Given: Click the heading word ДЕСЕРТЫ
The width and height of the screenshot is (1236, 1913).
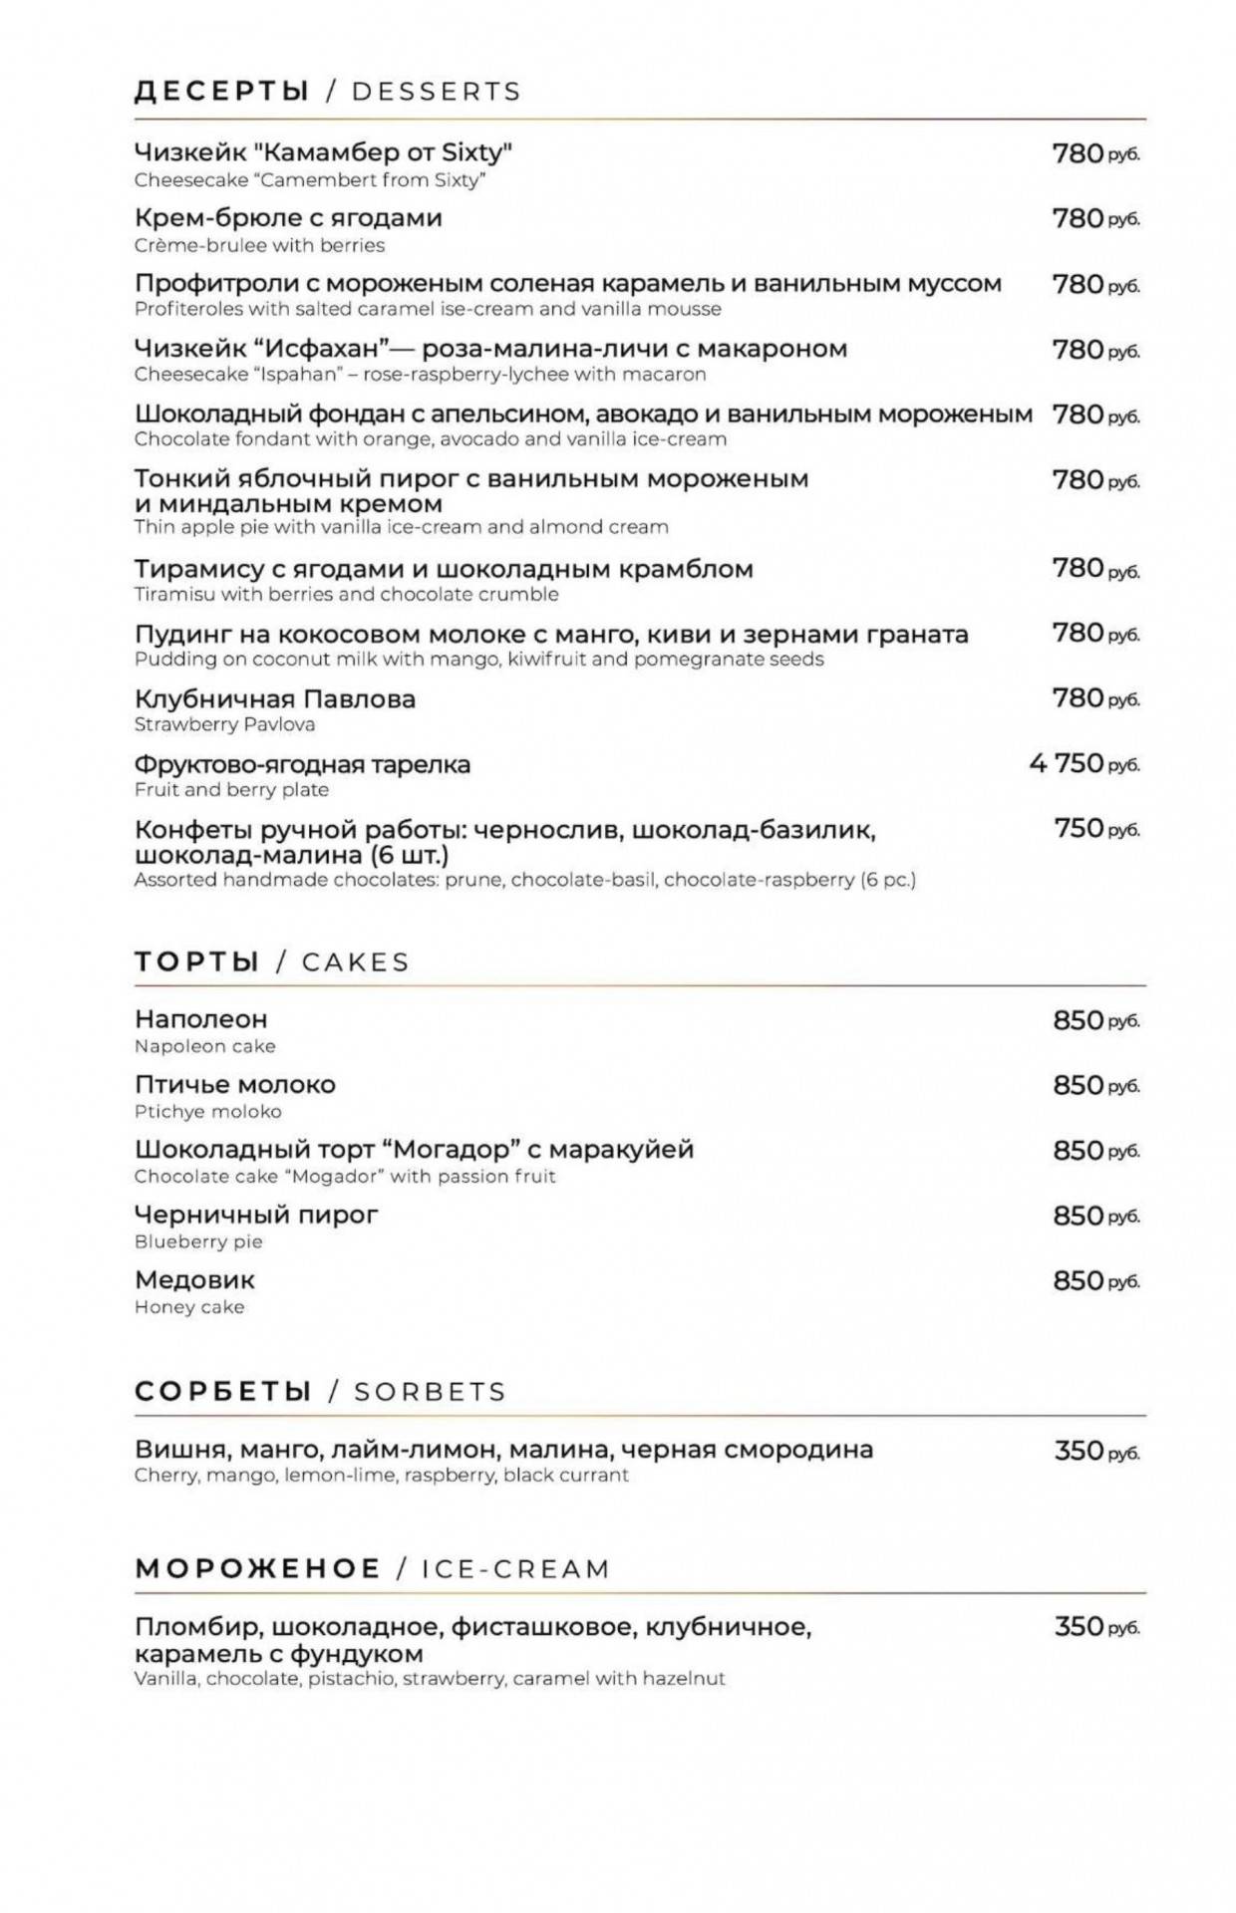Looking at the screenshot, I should [x=221, y=92].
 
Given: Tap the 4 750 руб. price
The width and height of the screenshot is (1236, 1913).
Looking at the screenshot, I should [x=1083, y=764].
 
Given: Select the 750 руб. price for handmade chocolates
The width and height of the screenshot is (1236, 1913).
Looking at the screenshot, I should [x=1095, y=829].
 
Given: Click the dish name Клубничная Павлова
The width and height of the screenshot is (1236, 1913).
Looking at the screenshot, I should [x=274, y=699].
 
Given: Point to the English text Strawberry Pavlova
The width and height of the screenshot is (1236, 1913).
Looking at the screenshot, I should [x=224, y=725].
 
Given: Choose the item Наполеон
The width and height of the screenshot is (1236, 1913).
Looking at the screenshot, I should [x=200, y=1019].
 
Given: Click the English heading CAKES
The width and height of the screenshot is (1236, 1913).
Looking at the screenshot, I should [x=356, y=962].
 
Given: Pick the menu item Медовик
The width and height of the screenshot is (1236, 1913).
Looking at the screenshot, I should [x=194, y=1280].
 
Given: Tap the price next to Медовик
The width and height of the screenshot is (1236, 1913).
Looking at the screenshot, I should [x=1095, y=1281].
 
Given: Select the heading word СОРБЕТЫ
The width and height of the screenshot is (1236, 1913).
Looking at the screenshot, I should [x=223, y=1392].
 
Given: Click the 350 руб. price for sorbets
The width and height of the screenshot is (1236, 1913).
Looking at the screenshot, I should [x=1095, y=1452].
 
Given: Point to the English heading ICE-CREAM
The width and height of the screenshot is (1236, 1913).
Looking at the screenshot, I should [x=515, y=1569].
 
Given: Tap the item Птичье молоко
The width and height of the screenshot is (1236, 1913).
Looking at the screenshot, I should [x=234, y=1085].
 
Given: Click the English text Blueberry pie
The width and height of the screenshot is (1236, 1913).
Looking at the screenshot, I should [x=198, y=1242].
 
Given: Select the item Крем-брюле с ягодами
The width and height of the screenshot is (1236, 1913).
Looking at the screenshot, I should [x=288, y=218].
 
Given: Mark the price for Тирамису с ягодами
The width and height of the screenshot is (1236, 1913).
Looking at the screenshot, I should [x=1095, y=569].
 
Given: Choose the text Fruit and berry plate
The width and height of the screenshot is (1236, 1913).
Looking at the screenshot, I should [x=231, y=790].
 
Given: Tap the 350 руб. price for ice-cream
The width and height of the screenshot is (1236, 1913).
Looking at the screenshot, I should [x=1095, y=1627].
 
